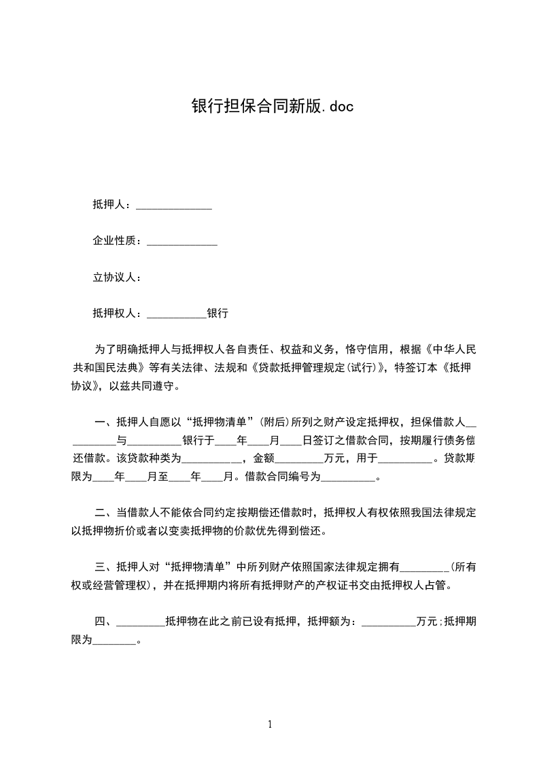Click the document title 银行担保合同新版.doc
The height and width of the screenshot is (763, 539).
(x=272, y=107)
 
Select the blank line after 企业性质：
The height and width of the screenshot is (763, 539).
(x=181, y=241)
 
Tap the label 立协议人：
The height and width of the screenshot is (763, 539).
(x=116, y=277)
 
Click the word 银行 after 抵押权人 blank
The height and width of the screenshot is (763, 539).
(x=218, y=313)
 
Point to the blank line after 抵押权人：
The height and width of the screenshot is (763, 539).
(x=176, y=314)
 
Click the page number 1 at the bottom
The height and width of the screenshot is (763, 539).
(x=270, y=724)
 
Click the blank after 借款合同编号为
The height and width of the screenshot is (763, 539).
(x=347, y=477)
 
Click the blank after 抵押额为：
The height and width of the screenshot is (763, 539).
(x=388, y=622)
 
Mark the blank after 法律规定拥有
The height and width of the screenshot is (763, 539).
(x=427, y=567)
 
